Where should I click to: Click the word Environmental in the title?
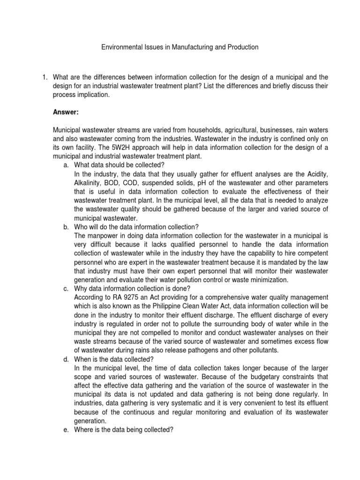(120, 47)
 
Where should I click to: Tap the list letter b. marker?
(66, 227)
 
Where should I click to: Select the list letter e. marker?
(66, 429)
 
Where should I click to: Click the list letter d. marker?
(66, 359)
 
